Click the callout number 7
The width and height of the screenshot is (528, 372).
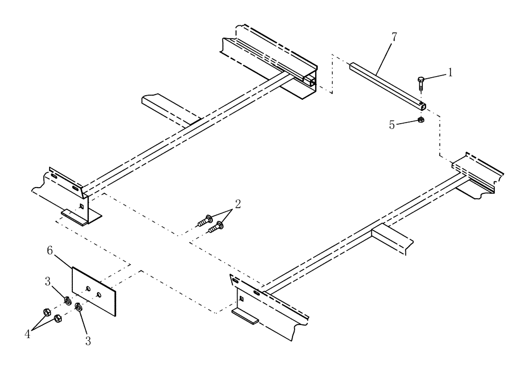395,37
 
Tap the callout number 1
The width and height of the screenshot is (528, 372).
450,72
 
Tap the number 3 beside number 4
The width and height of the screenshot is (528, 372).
88,341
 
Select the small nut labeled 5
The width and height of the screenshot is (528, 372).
421,120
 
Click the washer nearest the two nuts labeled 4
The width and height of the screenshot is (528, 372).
68,301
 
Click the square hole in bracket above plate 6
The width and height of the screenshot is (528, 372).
80,206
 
